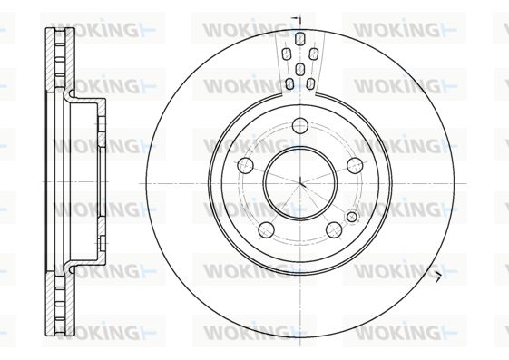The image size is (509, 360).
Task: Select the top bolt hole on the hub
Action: coord(300,125)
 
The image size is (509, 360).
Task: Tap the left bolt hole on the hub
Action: coord(245,166)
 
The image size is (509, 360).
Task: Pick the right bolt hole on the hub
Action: coord(355,166)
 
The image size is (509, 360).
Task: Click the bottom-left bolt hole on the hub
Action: coord(266,229)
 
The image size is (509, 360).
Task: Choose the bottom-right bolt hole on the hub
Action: coord(334,229)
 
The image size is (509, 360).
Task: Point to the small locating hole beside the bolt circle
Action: coord(352,217)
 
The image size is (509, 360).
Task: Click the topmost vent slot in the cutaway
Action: coord(300,39)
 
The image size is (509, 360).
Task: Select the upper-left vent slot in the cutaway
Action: coord(287,54)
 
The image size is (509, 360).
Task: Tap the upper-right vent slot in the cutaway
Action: coord(313,54)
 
